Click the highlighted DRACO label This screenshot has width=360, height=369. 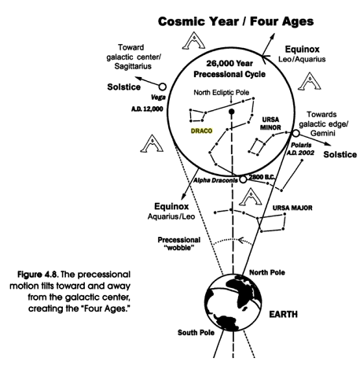coord(201,131)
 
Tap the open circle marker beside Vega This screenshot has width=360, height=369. coord(163,87)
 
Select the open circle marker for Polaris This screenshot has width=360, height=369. coord(296,133)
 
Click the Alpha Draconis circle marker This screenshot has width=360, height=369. coord(243,179)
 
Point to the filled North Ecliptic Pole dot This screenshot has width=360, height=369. coord(231,112)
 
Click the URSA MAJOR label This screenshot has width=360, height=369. coord(292,208)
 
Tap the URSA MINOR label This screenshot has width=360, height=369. coord(270,124)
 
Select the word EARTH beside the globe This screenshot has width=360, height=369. coord(283,314)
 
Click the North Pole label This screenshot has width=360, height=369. coord(267,272)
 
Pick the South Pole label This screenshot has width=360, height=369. coord(196,333)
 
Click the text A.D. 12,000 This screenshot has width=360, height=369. coord(147,109)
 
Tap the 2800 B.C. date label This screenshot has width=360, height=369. coord(261,177)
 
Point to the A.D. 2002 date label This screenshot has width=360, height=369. coord(300,153)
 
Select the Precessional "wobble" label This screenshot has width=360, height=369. coord(179,244)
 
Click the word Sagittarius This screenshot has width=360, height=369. coord(133,66)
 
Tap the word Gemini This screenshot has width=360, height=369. coord(323,133)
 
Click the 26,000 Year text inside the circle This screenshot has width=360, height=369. coord(230,64)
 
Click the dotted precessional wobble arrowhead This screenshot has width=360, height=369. coord(241,240)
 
